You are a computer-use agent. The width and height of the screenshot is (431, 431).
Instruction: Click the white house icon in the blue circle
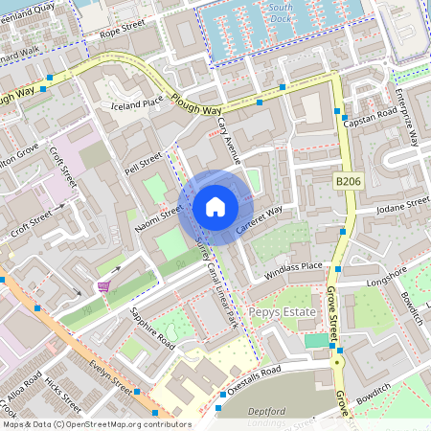pos(215,206)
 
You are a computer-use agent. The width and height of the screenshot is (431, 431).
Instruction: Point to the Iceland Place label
pos(138,103)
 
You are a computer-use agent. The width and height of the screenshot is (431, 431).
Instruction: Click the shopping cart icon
pos(103,286)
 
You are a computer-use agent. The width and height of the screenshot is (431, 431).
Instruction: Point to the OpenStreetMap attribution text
pos(96,423)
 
